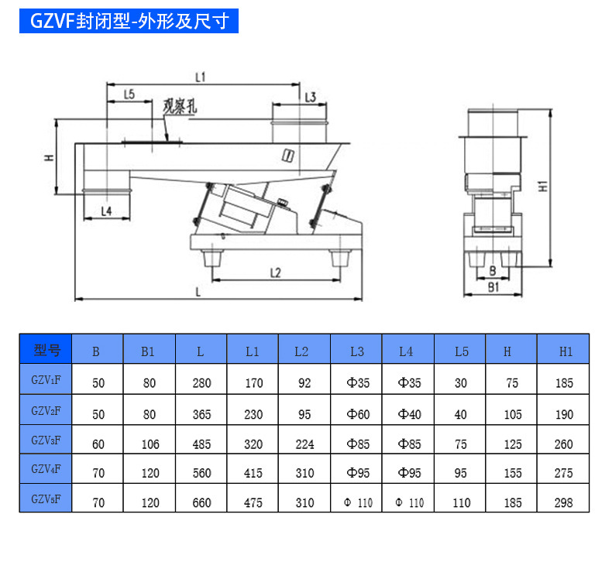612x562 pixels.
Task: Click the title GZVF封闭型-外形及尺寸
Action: [x=129, y=22]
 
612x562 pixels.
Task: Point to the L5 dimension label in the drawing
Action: [x=129, y=94]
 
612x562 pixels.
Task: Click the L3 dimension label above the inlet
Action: [x=310, y=97]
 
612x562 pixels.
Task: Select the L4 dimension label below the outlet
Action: [x=106, y=210]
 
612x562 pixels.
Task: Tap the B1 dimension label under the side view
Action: [x=493, y=286]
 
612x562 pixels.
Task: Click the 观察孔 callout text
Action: [x=180, y=107]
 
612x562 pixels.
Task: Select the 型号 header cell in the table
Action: [x=46, y=351]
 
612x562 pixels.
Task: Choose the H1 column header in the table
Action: [x=566, y=351]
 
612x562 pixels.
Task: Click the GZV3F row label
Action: [x=46, y=440]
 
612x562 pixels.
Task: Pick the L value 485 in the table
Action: [x=201, y=444]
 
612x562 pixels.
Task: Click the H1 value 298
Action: [x=564, y=503]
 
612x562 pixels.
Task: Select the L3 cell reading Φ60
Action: [x=357, y=414]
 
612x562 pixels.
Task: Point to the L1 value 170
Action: [x=253, y=382]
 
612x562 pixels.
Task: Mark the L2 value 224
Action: [x=304, y=444]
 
